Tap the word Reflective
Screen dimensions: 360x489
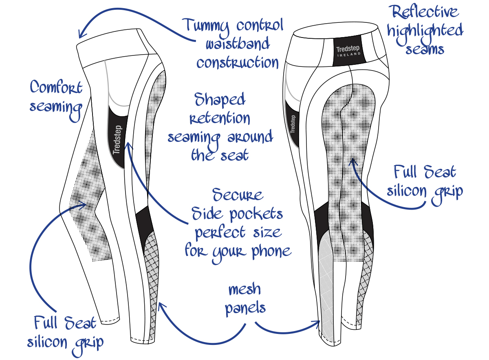[x=423, y=12]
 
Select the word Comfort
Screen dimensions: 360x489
[x=56, y=87]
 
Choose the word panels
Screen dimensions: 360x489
[x=245, y=308]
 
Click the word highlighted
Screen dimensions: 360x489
[x=425, y=31]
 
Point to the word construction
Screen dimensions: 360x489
[x=238, y=63]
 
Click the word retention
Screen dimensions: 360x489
[x=220, y=118]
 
